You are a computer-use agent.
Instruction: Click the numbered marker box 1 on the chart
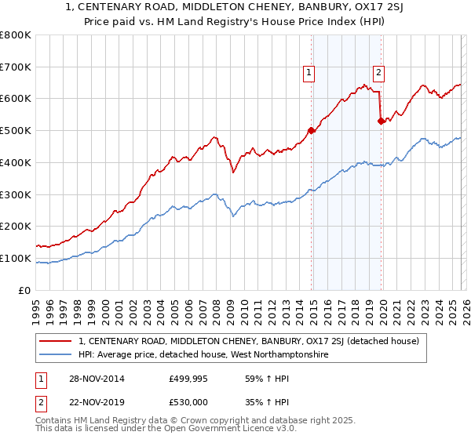309,73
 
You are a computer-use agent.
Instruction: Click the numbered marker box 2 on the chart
378,73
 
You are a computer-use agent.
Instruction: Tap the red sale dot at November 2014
312,130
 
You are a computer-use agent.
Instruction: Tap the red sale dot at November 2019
381,121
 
